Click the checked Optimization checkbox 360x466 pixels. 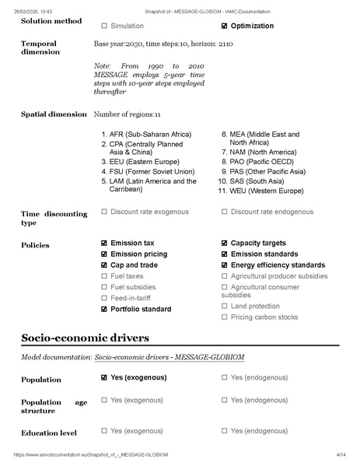pyautogui.click(x=225, y=26)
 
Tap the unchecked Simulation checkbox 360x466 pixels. pyautogui.click(x=104, y=26)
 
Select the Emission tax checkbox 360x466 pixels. pyautogui.click(x=104, y=243)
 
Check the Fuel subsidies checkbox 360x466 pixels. pyautogui.click(x=104, y=287)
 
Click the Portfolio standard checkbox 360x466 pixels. pyautogui.click(x=104, y=309)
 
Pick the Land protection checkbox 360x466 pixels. pyautogui.click(x=225, y=306)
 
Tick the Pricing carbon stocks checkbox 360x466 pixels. pyautogui.click(x=225, y=317)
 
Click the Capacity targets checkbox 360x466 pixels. pyautogui.click(x=225, y=243)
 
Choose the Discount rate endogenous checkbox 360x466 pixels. pyautogui.click(x=225, y=211)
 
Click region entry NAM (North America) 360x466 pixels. pyautogui.click(x=264, y=152)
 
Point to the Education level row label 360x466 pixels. pyautogui.click(x=49, y=433)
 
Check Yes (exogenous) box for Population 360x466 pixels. pyautogui.click(x=104, y=377)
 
